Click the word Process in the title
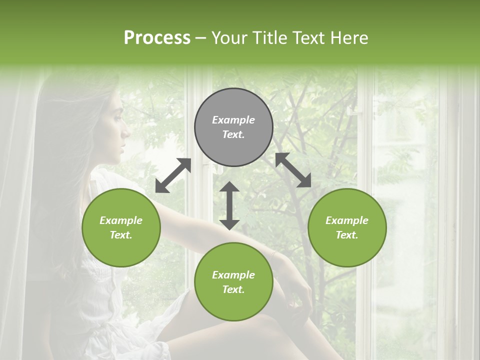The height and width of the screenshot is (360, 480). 157,38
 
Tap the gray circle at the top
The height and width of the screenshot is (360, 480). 233,127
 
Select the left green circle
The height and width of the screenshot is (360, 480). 121,227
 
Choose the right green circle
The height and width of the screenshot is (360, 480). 347,227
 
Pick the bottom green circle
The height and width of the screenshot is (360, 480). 233,282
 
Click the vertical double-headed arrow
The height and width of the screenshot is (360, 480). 229,205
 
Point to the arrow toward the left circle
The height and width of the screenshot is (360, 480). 173,175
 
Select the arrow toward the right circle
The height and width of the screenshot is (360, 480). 293,170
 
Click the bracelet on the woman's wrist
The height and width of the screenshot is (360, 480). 274,254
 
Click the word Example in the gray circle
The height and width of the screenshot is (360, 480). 233,120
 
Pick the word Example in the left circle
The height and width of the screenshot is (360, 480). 121,220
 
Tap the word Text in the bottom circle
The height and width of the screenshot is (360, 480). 232,289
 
